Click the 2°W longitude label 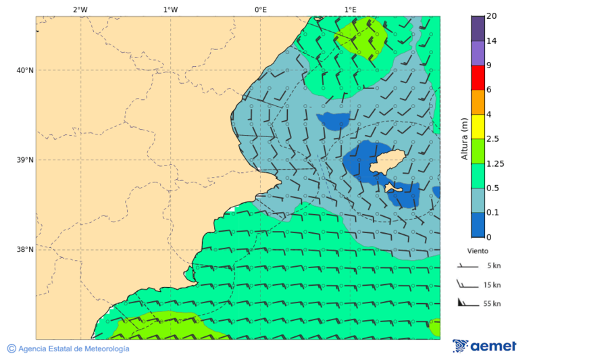pos(80,9)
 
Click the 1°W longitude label pos(170,9)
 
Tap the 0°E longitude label pos(260,9)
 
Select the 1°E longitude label pos(350,9)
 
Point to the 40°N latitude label pos(24,70)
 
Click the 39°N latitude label pos(24,160)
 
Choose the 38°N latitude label pos(24,250)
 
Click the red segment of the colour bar pos(478,78)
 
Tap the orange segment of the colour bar pos(478,102)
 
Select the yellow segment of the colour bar pos(478,126)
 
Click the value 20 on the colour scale pos(491,16)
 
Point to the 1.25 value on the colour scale pos(495,163)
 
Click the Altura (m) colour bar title pos(464,138)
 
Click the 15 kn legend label pos(492,285)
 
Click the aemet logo pos(484,346)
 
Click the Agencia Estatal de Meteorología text pos(73,349)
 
